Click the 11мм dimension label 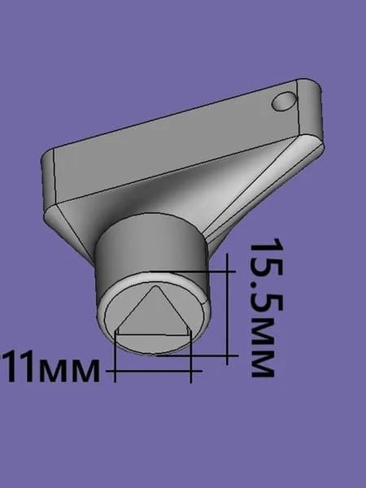50,366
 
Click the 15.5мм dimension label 267,307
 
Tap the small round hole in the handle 284,101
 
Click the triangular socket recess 154,314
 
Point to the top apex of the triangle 155,286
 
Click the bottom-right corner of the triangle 190,334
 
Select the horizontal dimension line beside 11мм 154,371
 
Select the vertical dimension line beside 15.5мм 228,309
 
